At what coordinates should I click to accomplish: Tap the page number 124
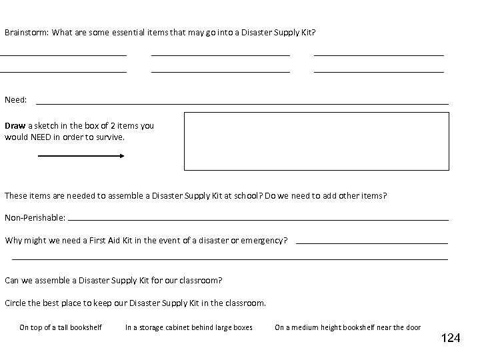coord(451,339)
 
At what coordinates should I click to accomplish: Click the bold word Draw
coord(15,125)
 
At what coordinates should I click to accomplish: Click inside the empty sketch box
coord(317,141)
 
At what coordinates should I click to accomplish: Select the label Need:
coord(16,100)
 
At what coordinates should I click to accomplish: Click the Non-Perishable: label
coord(35,218)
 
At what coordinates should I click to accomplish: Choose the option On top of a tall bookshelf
coord(61,327)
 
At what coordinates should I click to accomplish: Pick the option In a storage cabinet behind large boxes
coord(189,327)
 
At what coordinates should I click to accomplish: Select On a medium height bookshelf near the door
coord(347,327)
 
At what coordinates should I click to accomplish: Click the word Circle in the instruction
coord(16,303)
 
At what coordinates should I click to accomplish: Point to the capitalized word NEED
coord(41,137)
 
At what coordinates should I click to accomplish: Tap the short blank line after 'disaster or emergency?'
coord(371,243)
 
